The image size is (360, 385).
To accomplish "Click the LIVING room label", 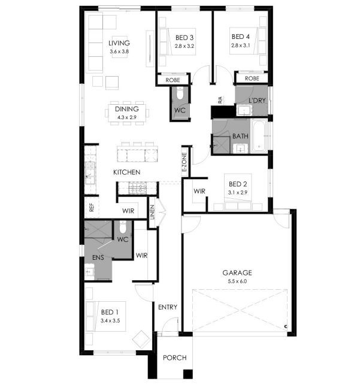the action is [119, 43].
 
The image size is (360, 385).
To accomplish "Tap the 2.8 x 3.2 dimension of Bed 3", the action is [184, 46].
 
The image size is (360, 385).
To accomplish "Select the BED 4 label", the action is [240, 37].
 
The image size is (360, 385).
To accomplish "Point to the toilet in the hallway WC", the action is [180, 93].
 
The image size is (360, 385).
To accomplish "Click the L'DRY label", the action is [257, 101].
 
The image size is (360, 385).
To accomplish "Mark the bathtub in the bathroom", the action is [259, 137].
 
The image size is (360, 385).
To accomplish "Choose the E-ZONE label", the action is [184, 162].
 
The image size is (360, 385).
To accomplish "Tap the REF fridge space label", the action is [92, 207].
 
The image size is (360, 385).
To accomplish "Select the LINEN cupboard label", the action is [152, 212].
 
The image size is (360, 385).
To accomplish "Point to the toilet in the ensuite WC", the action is [123, 228].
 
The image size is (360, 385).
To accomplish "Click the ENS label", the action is [98, 257].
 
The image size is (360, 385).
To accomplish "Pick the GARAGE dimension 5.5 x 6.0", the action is [237, 281].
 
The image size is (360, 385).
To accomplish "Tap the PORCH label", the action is [174, 357].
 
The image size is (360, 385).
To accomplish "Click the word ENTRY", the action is [168, 307].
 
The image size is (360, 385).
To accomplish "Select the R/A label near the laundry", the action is [220, 100].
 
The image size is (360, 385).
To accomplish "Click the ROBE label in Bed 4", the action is [252, 78].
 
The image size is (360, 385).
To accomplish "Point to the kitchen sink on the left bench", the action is [90, 173].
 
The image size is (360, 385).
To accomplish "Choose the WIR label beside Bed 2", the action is [199, 191].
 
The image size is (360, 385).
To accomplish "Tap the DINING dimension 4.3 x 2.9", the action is [127, 117].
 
